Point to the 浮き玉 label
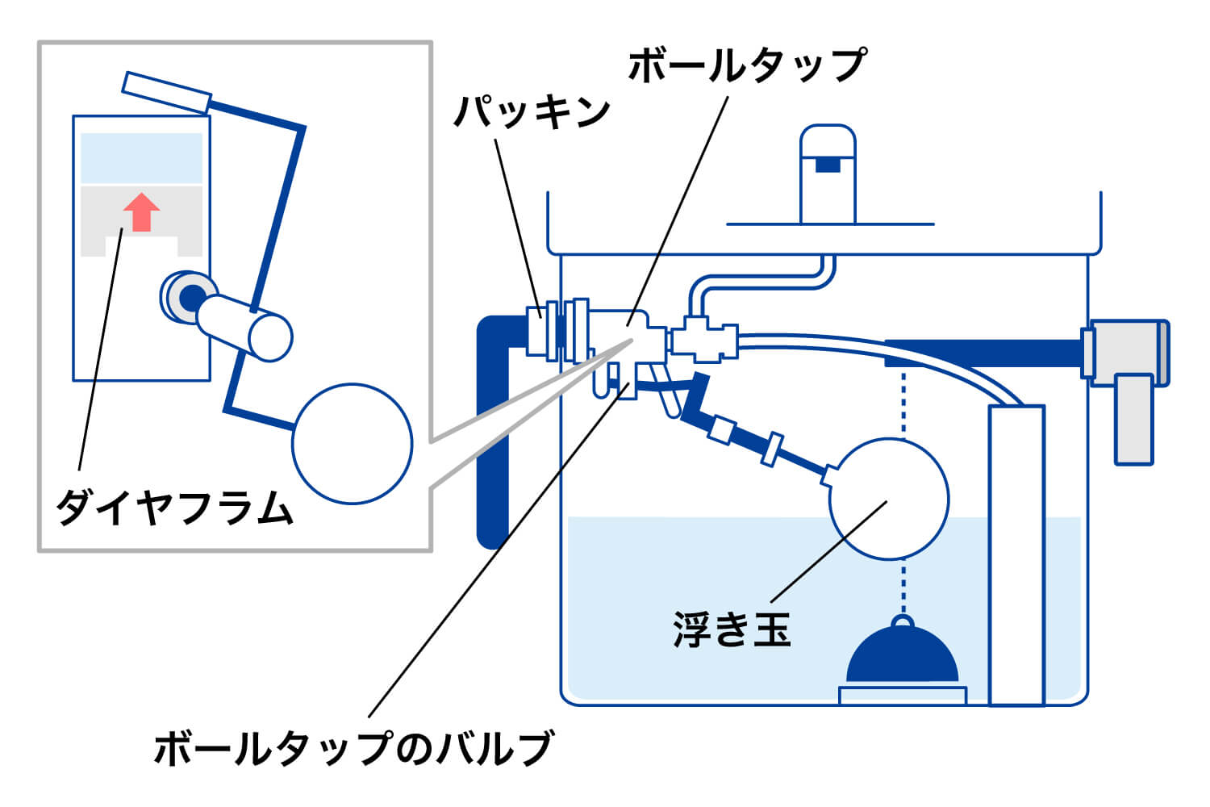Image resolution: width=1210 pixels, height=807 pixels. [x=732, y=630]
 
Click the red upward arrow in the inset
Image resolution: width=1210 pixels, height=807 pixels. [x=142, y=212]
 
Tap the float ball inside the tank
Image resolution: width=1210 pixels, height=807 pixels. [x=888, y=499]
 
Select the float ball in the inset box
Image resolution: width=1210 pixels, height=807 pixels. [x=352, y=443]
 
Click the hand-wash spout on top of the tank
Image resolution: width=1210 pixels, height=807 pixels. [x=827, y=174]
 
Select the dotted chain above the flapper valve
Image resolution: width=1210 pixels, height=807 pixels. [x=903, y=403]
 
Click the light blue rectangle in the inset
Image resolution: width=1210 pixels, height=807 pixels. [x=141, y=158]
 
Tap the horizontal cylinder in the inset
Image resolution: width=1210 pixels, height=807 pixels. [x=245, y=325]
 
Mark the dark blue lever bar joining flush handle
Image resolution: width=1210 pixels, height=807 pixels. [x=984, y=353]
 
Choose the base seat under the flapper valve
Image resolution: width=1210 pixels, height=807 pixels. [x=903, y=695]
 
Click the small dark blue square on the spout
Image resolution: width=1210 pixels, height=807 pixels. [x=827, y=165]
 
